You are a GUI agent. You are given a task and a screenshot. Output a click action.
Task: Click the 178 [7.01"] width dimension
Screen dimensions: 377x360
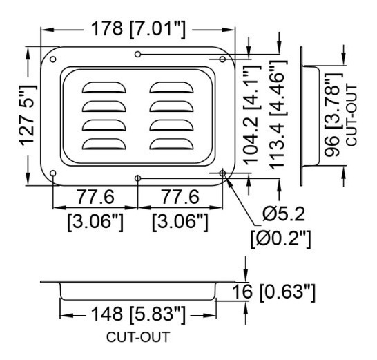(x=139, y=29)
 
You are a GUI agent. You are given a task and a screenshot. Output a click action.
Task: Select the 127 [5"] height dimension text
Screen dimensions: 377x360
(x=28, y=115)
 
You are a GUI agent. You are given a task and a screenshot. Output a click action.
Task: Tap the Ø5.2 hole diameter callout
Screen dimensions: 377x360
(x=284, y=214)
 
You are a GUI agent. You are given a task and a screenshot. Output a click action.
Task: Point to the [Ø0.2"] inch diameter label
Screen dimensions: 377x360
(x=280, y=239)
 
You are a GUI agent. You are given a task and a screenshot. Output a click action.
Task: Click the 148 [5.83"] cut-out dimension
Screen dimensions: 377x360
(x=138, y=314)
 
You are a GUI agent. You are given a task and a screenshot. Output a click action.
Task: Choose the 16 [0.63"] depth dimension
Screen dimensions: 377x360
(x=273, y=292)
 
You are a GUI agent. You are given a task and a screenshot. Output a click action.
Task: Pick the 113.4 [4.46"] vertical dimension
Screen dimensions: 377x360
(x=278, y=115)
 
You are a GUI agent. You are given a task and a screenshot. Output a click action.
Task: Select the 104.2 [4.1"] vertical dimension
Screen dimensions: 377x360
(x=252, y=115)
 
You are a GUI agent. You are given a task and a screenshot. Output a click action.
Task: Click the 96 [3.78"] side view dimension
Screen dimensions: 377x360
(x=333, y=115)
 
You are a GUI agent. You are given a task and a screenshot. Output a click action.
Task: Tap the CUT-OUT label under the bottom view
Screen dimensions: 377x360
(x=138, y=337)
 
